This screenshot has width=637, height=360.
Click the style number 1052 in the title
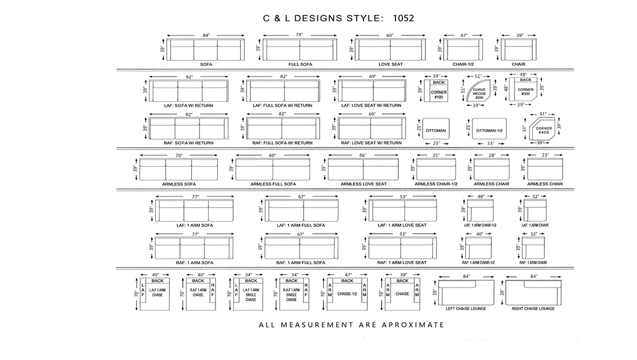click(x=403, y=18)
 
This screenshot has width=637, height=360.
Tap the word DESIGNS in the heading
click(x=318, y=18)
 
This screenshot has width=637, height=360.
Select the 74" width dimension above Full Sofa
click(x=300, y=35)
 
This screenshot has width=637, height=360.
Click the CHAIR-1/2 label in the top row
click(x=463, y=64)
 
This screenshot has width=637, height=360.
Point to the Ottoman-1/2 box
click(x=489, y=129)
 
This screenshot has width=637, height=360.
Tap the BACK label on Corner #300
click(x=526, y=80)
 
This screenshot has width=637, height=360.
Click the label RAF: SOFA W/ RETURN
click(x=188, y=143)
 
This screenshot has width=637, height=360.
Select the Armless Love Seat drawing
click(x=363, y=169)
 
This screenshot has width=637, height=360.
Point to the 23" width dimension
click(x=545, y=155)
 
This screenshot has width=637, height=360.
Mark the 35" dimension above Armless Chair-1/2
click(x=436, y=155)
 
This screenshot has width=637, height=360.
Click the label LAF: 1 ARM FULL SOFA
click(x=301, y=225)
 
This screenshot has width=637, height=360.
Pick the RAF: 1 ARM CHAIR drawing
click(x=533, y=248)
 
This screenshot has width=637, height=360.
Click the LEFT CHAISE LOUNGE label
click(x=466, y=309)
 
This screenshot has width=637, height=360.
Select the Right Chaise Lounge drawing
click(x=533, y=292)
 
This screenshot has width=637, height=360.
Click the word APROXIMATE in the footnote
click(x=413, y=325)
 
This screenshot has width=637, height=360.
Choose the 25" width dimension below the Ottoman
click(x=436, y=143)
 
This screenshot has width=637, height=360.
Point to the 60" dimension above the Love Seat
click(x=390, y=35)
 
